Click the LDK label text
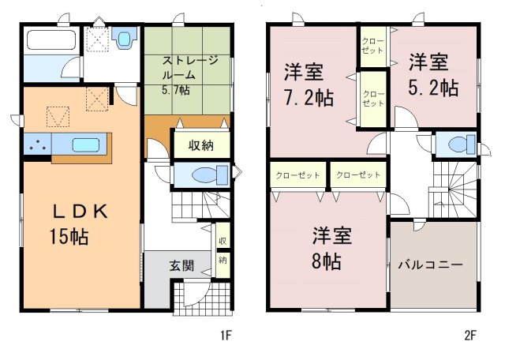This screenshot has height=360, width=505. (x=80, y=212)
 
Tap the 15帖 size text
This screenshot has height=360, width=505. (x=69, y=237)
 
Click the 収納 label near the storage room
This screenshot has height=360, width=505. (x=201, y=146)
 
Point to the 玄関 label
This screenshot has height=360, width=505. (x=182, y=265)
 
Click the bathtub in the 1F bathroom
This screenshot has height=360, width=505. (x=51, y=39)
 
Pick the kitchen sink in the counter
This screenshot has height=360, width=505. (x=86, y=144)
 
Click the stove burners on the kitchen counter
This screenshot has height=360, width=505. (x=38, y=144)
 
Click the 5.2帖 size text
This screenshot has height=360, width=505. (x=433, y=87)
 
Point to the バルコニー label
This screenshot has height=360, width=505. (x=430, y=265)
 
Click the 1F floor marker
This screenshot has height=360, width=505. (x=226, y=336)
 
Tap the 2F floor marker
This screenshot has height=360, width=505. (x=470, y=336)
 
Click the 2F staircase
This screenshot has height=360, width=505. (x=454, y=189)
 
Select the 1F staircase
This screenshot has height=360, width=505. (x=200, y=205)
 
